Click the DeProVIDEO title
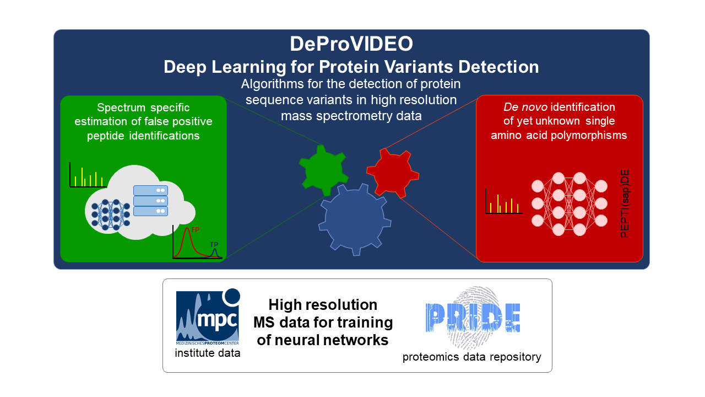[x=351, y=44]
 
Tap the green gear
[x=323, y=170]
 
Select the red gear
[x=393, y=173]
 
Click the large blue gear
[x=355, y=219]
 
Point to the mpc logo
[x=208, y=316]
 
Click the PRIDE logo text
[x=473, y=318]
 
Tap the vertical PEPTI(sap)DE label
[x=625, y=203]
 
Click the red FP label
[x=196, y=230]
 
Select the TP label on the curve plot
[x=214, y=244]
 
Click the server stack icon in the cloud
[x=150, y=201]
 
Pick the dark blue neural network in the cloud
[x=111, y=214]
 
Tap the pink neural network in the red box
[x=570, y=204]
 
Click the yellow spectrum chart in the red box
[x=504, y=201]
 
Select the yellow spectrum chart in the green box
[x=88, y=175]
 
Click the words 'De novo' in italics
[x=525, y=107]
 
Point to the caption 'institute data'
[x=208, y=353]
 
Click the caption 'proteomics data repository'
[x=472, y=357]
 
